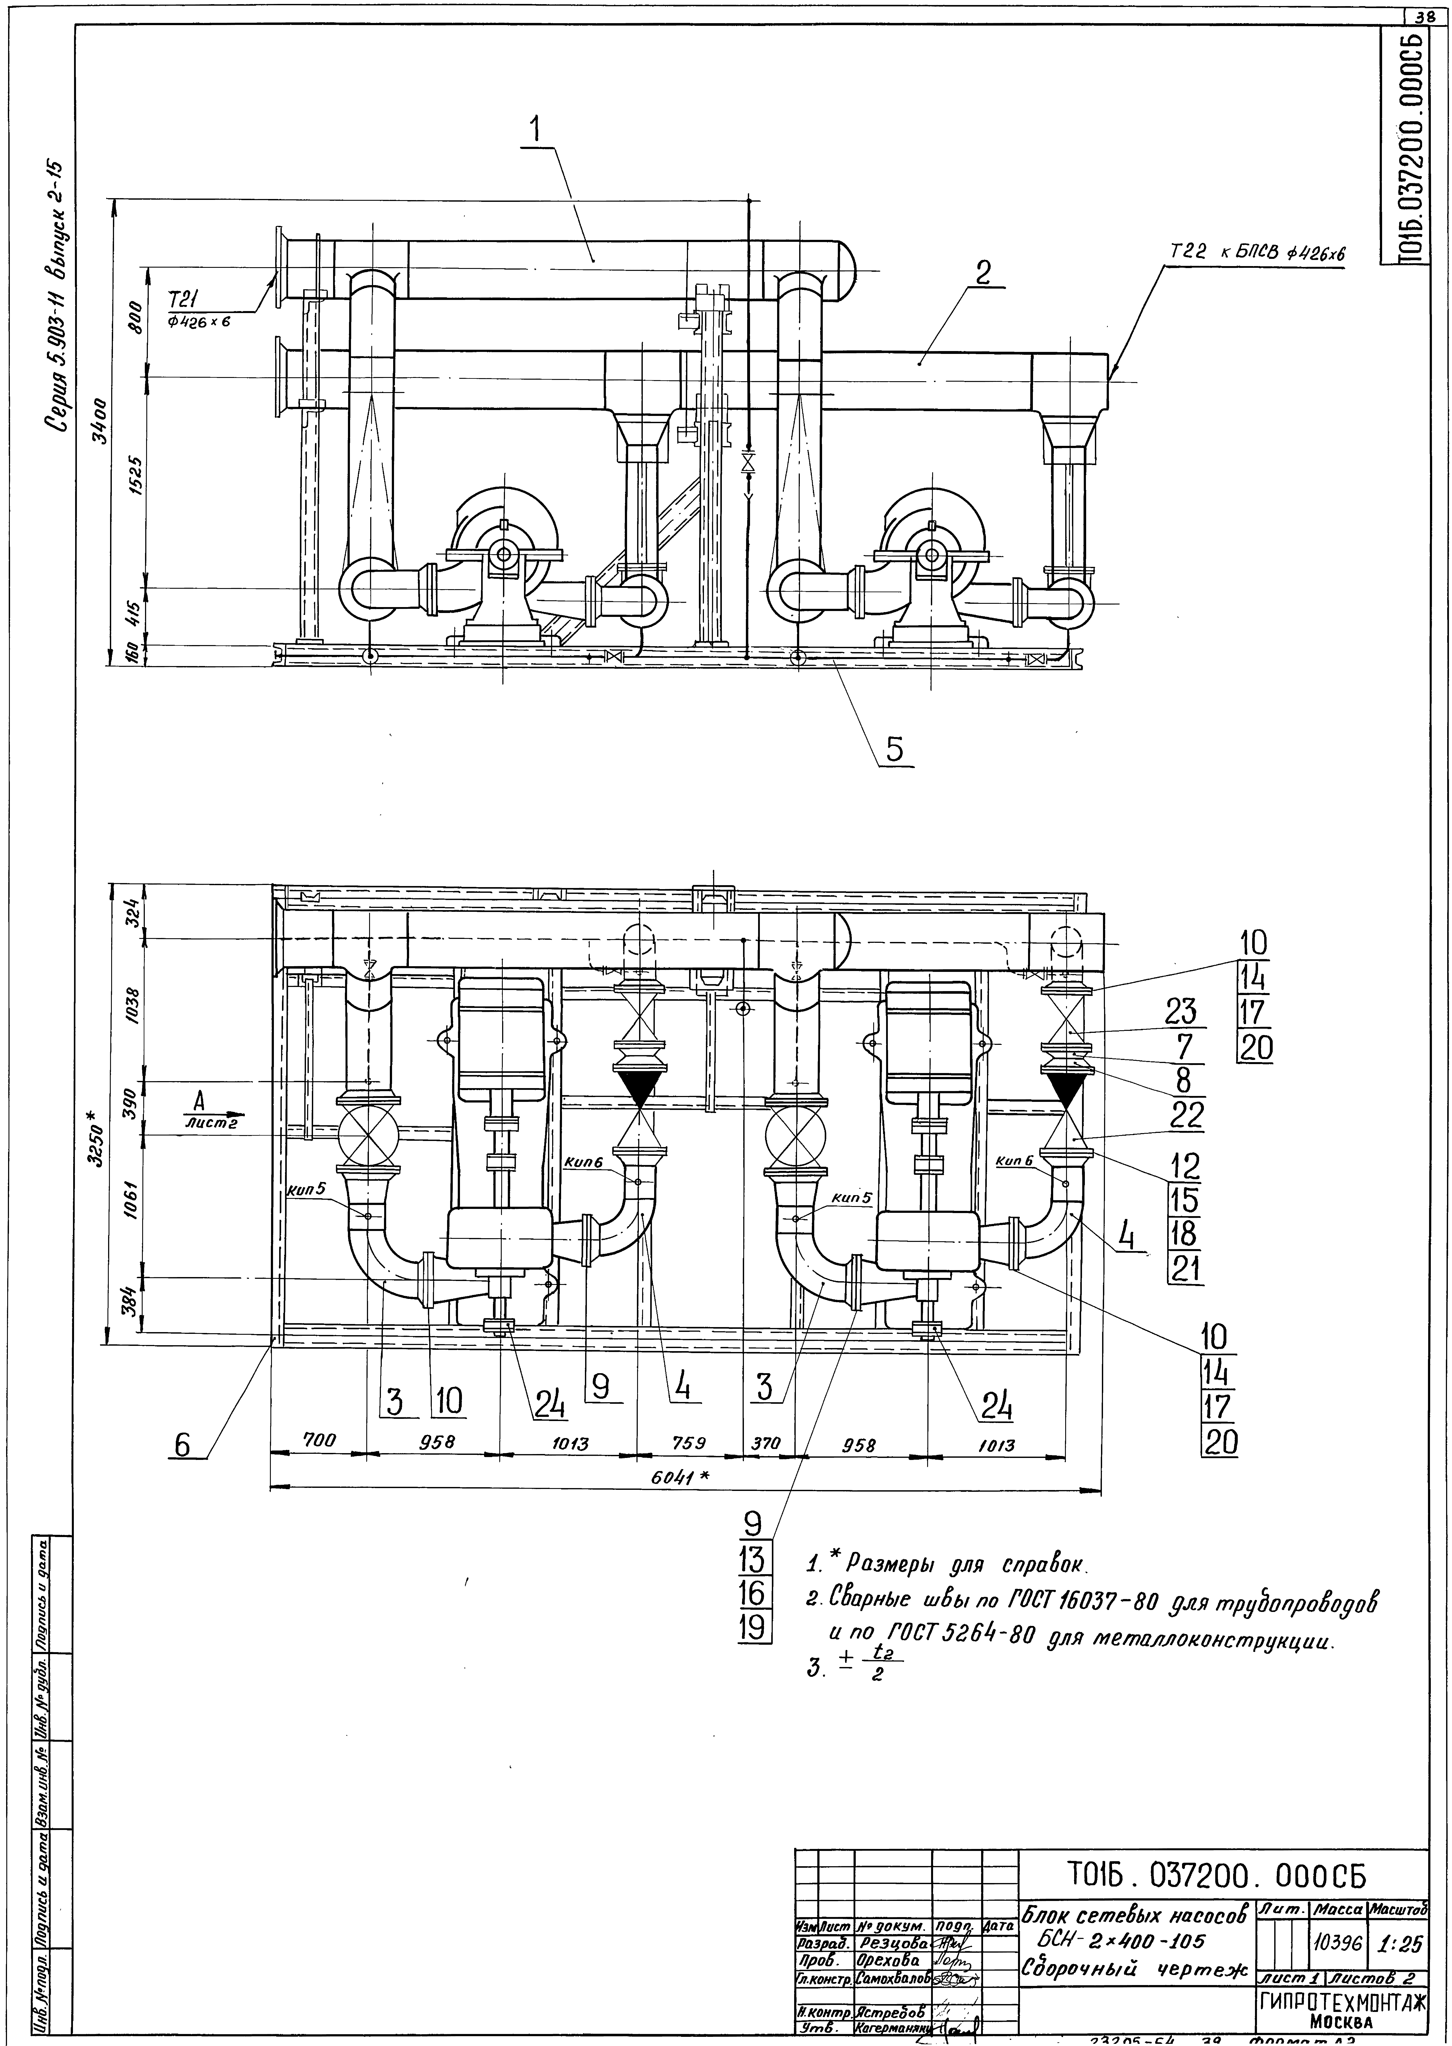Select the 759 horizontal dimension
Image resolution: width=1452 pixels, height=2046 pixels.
[x=689, y=1442]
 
